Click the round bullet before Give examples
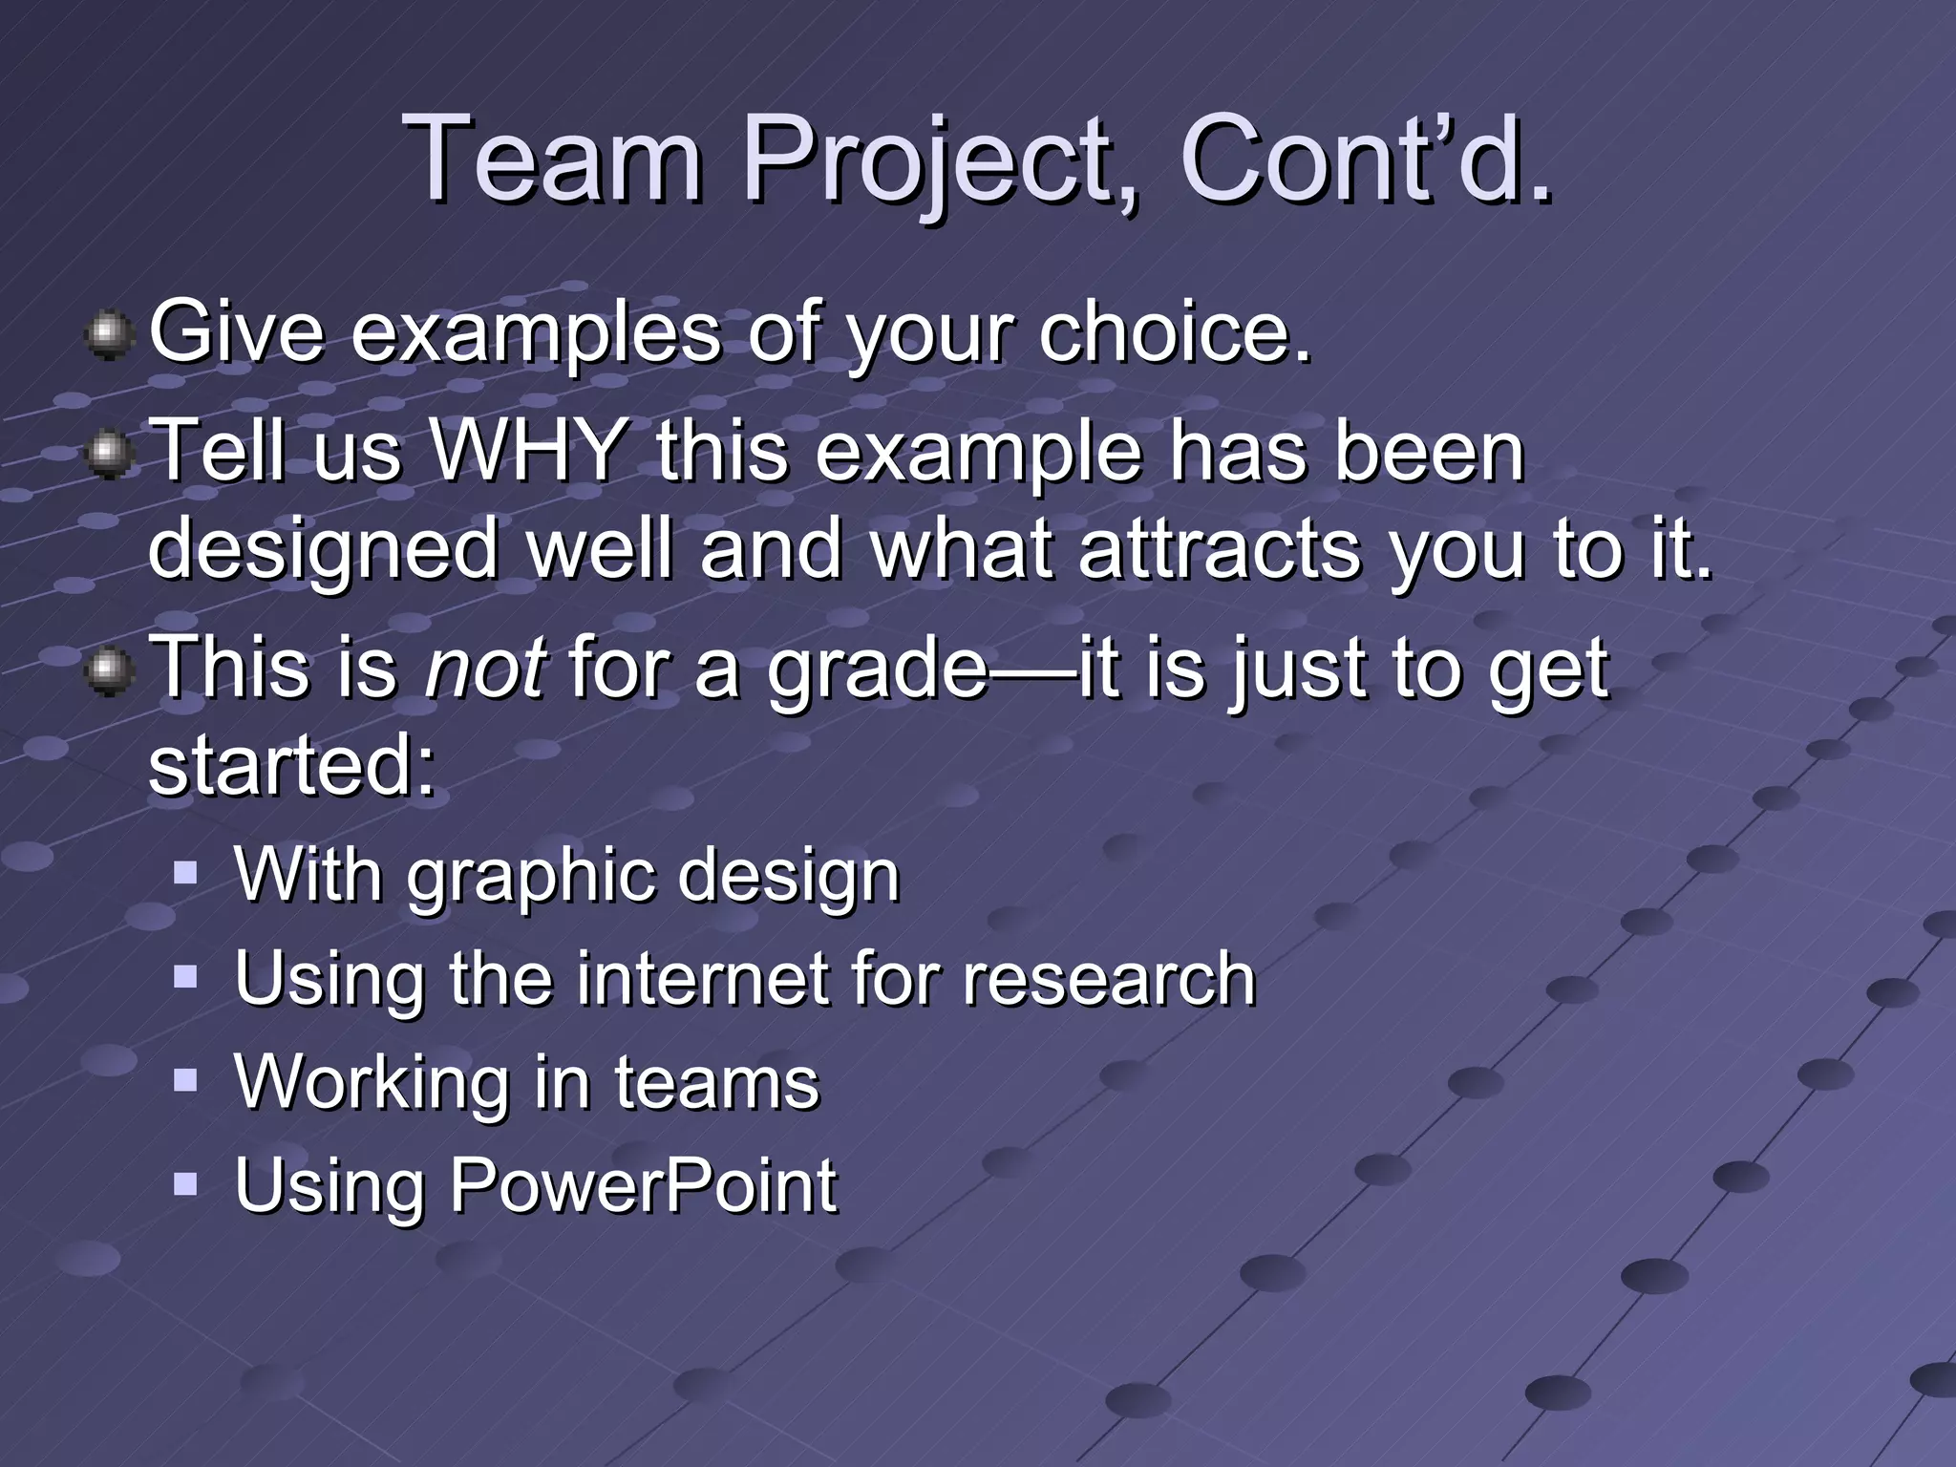pyautogui.click(x=109, y=335)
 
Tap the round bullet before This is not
pyautogui.click(x=109, y=670)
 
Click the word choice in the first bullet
pyautogui.click(x=1175, y=333)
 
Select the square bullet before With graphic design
pyautogui.click(x=185, y=872)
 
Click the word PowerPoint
pyautogui.click(x=643, y=1185)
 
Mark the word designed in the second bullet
pyautogui.click(x=324, y=552)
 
